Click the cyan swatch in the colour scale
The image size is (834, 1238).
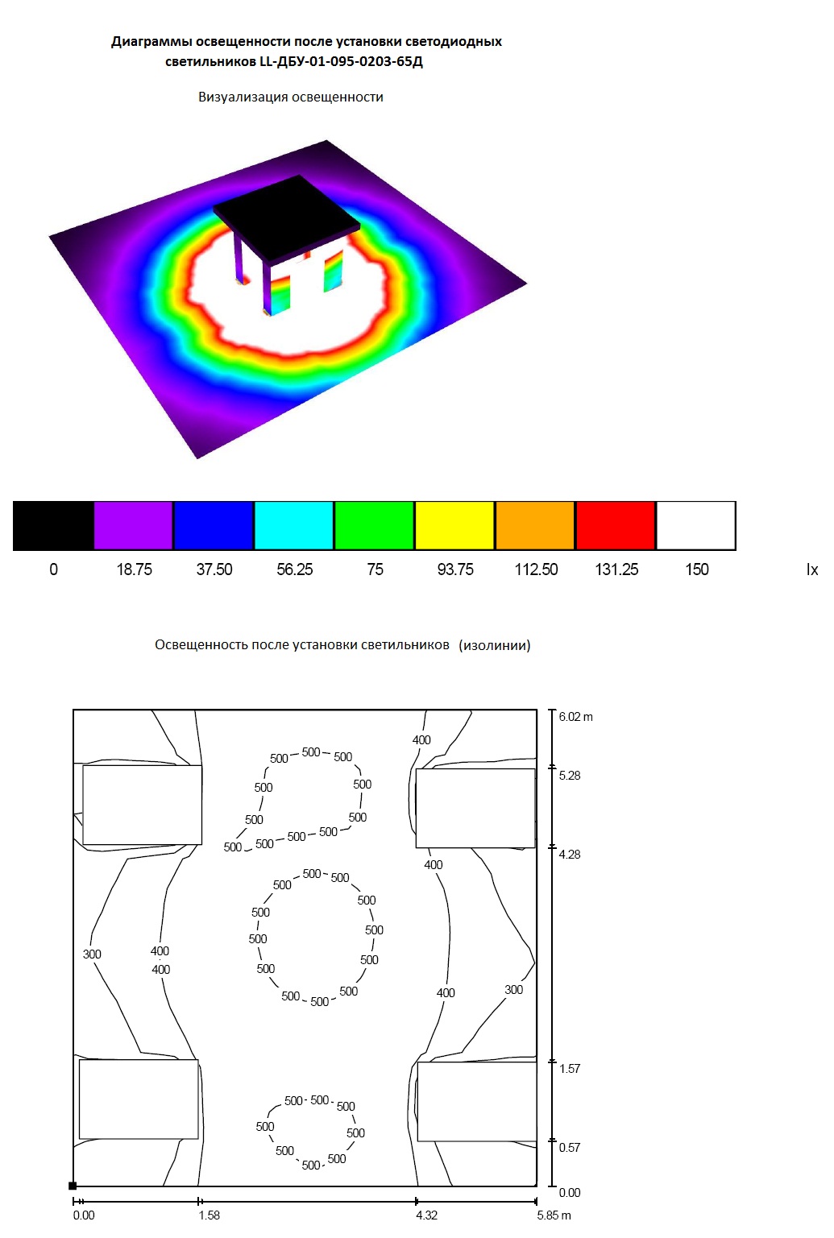293,526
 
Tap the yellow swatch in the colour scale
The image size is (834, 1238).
454,526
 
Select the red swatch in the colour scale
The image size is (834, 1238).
616,526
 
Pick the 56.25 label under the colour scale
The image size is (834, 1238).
295,569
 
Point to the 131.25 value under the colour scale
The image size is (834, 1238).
616,569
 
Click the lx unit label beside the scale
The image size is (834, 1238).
812,569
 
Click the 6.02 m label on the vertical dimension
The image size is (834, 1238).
575,717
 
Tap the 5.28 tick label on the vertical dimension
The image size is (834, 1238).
570,776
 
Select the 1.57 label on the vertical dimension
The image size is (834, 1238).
570,1068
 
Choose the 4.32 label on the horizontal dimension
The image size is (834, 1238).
426,1215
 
